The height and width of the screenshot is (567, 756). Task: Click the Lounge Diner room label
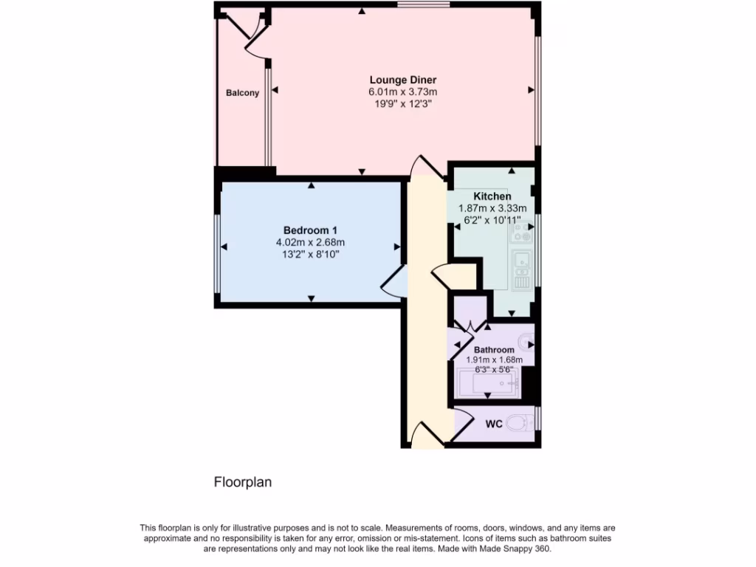click(x=403, y=80)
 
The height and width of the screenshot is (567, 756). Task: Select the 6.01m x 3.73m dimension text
click(x=403, y=92)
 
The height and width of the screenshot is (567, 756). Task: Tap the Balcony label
click(x=242, y=93)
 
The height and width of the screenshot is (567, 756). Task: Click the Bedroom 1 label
click(x=310, y=230)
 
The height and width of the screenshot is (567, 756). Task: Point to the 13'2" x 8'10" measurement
click(x=310, y=254)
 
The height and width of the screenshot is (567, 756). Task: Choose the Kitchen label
click(x=492, y=196)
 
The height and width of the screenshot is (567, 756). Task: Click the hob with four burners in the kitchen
click(x=520, y=233)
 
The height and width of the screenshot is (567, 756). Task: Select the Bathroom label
click(x=494, y=350)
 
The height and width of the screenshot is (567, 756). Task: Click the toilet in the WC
click(x=523, y=424)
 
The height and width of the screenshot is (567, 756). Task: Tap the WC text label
click(x=494, y=425)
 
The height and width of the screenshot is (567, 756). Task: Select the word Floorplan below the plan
click(x=243, y=483)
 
